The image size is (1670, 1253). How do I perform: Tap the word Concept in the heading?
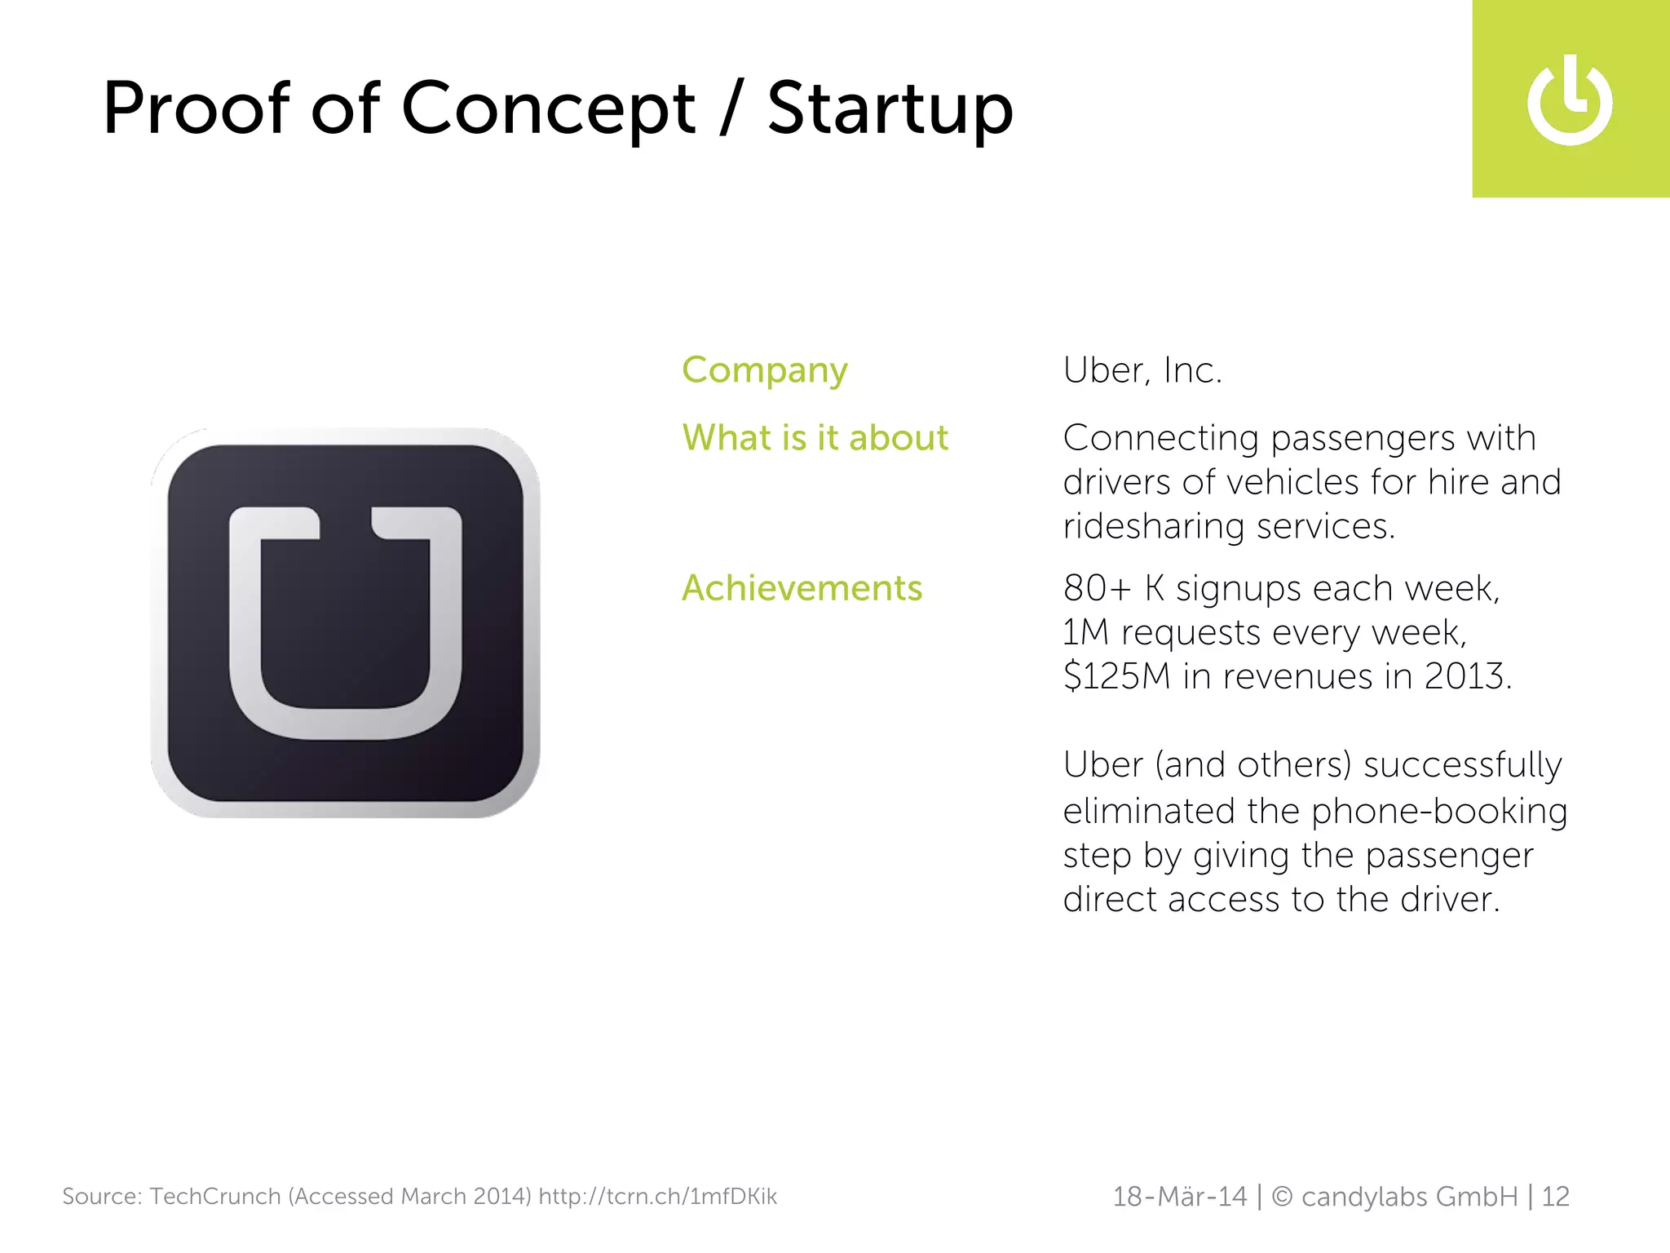tap(548, 109)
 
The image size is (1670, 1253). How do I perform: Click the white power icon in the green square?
tap(1570, 101)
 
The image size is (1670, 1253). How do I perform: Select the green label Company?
tap(765, 371)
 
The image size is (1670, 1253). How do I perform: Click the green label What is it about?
tap(815, 438)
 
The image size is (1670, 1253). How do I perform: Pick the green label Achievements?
tap(802, 588)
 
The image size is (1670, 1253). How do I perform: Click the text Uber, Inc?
tap(1142, 371)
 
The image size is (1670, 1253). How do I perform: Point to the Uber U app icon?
tap(346, 623)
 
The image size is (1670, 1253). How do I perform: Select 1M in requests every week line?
tap(1085, 632)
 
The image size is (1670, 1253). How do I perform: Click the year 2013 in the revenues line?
tap(1465, 676)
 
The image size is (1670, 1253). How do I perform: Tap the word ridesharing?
tap(1154, 527)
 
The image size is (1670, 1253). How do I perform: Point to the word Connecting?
tap(1161, 439)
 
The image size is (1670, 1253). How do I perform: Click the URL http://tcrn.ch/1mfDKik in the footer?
tap(657, 1197)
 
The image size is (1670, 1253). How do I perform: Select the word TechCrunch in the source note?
tap(215, 1197)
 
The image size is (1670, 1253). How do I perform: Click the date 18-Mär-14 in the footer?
tap(1179, 1197)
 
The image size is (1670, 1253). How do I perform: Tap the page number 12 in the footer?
tap(1555, 1197)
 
